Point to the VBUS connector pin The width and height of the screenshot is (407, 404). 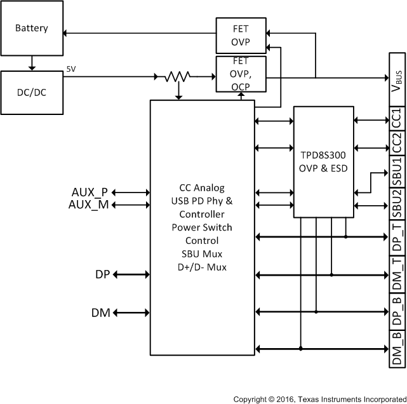[x=396, y=78]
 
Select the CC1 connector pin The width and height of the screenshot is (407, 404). [x=396, y=118]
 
